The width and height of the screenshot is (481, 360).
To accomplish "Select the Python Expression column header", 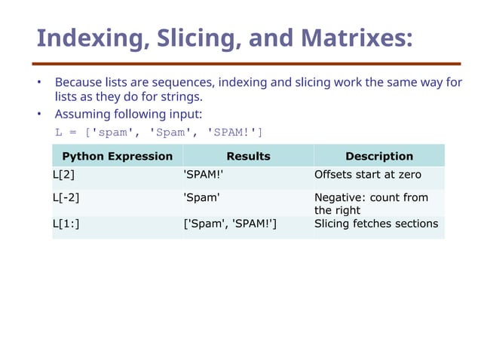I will click(x=117, y=157).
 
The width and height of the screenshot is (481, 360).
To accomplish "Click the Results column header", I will click(x=248, y=157).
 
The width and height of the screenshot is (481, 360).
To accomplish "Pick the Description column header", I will click(x=378, y=157).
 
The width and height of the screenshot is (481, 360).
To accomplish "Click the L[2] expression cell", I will click(x=64, y=175).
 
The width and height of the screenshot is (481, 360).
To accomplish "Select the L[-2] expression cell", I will click(x=67, y=198).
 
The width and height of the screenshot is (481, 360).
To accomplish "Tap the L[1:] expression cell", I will click(x=66, y=224).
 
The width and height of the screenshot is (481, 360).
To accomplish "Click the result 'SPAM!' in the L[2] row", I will click(x=204, y=175).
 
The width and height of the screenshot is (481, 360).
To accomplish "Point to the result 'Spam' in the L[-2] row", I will click(x=202, y=198).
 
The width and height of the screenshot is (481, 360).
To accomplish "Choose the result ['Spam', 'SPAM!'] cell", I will click(x=230, y=224).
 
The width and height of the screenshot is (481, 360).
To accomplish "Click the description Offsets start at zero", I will click(x=367, y=175).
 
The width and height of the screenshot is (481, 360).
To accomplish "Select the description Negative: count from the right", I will click(x=370, y=204).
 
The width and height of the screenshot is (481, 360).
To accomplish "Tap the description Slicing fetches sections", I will click(x=375, y=224).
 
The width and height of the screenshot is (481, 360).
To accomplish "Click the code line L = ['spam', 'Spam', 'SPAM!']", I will click(x=158, y=133).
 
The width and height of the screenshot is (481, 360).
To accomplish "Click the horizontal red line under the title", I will click(x=246, y=64).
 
